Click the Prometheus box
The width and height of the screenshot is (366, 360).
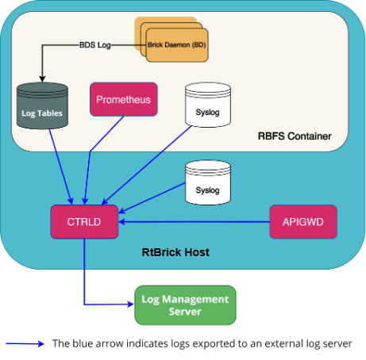(124, 99)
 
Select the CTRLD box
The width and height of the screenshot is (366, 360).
(84, 222)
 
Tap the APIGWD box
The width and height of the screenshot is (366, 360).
(303, 222)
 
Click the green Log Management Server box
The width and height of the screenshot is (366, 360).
(185, 305)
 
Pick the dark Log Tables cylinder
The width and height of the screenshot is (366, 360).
(42, 105)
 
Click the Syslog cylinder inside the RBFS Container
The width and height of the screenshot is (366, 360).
(208, 105)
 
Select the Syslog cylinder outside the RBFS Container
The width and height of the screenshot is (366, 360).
(208, 182)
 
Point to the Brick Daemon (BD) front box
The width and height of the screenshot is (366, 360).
(177, 45)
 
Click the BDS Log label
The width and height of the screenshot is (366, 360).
(95, 45)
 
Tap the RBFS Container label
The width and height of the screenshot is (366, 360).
(295, 136)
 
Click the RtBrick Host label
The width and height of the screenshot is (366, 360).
(175, 252)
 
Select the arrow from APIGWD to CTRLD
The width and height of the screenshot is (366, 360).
(194, 222)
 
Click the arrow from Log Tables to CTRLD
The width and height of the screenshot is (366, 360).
(60, 167)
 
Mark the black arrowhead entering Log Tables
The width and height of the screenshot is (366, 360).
(42, 79)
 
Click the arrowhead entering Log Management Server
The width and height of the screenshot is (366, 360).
(131, 304)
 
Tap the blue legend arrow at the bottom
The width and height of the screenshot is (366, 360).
(25, 343)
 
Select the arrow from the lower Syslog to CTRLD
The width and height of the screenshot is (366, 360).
(152, 197)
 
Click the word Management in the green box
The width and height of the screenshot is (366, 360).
(195, 299)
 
